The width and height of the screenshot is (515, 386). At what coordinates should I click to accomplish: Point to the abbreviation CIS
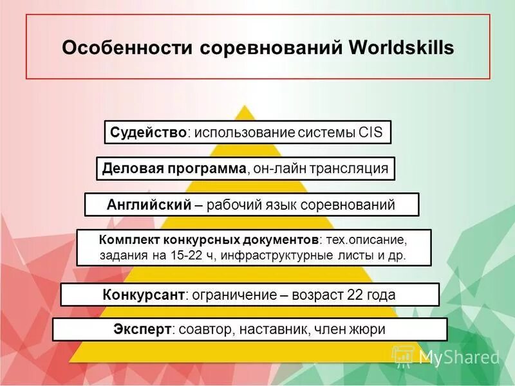[369, 133]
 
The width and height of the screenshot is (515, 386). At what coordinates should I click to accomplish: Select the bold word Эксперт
[142, 329]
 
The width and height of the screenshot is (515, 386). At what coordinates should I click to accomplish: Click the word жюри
[368, 329]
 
